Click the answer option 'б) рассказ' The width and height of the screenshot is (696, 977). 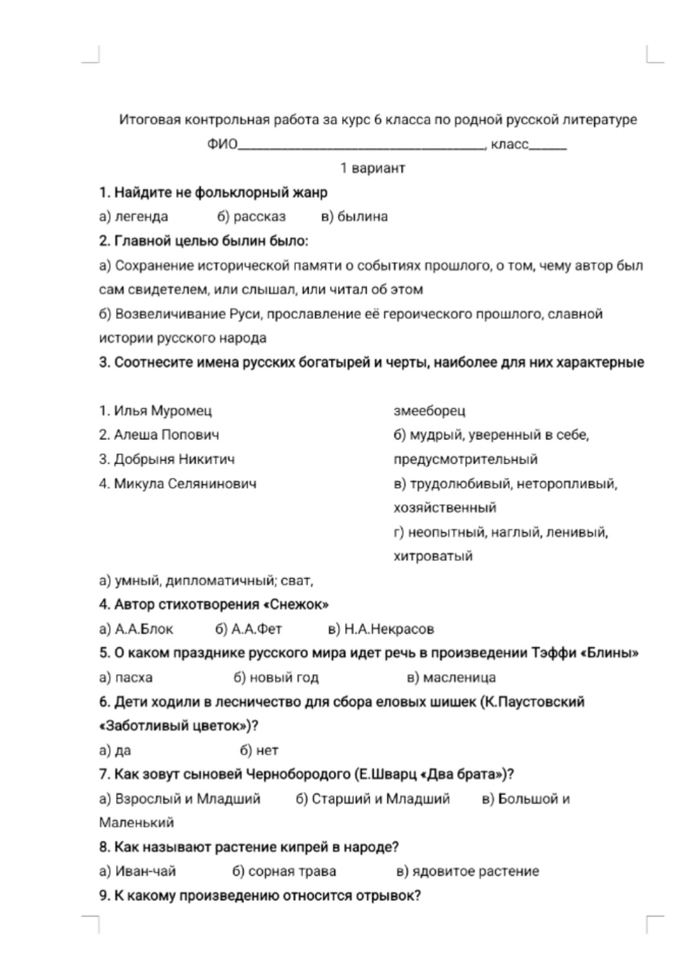tap(251, 217)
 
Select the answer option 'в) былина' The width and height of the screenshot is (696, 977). tap(354, 217)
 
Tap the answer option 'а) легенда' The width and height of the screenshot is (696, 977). tap(133, 217)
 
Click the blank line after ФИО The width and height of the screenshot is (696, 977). tap(361, 146)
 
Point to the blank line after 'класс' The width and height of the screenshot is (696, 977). tap(548, 146)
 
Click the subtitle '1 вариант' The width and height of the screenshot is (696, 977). tap(372, 168)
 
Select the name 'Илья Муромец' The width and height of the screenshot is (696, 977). tap(155, 411)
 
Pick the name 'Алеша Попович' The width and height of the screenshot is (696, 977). tap(159, 435)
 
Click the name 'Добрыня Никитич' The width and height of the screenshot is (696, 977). tap(167, 459)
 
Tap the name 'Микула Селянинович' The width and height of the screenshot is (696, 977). tap(178, 483)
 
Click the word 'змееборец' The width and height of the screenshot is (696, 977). tap(429, 411)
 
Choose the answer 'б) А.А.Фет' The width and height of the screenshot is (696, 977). tap(248, 629)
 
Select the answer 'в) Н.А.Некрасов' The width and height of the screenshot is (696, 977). tap(381, 629)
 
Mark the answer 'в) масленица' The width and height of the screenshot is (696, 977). tap(451, 677)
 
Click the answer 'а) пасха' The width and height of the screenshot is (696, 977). tap(126, 677)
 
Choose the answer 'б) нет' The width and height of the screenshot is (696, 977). tap(258, 750)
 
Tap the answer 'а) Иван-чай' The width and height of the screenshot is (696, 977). tap(137, 871)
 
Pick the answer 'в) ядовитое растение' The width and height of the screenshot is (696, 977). tap(467, 871)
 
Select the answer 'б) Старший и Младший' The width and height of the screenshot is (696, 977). tap(372, 799)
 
